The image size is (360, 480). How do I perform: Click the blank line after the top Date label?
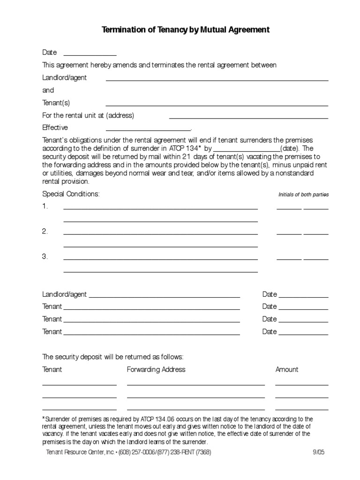(x=90, y=55)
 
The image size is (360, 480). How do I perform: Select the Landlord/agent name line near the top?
(x=217, y=80)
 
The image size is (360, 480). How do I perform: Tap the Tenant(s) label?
(x=56, y=103)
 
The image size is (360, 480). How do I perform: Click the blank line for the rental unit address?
(x=248, y=118)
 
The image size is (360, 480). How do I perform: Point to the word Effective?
(x=55, y=127)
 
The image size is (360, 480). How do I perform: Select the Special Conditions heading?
(x=71, y=194)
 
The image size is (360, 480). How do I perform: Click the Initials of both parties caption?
(x=303, y=195)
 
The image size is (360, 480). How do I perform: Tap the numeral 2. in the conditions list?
(x=45, y=232)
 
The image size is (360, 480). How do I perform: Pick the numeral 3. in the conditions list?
(x=45, y=256)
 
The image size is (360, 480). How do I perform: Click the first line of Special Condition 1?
(x=160, y=208)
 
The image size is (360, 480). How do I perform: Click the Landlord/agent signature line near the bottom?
(x=165, y=297)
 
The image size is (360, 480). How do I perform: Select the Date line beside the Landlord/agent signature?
(x=303, y=297)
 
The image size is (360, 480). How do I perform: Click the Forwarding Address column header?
(x=156, y=369)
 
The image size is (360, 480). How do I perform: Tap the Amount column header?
(x=287, y=369)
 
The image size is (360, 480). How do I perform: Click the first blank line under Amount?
(x=301, y=384)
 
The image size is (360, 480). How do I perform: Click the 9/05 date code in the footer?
(x=318, y=452)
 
